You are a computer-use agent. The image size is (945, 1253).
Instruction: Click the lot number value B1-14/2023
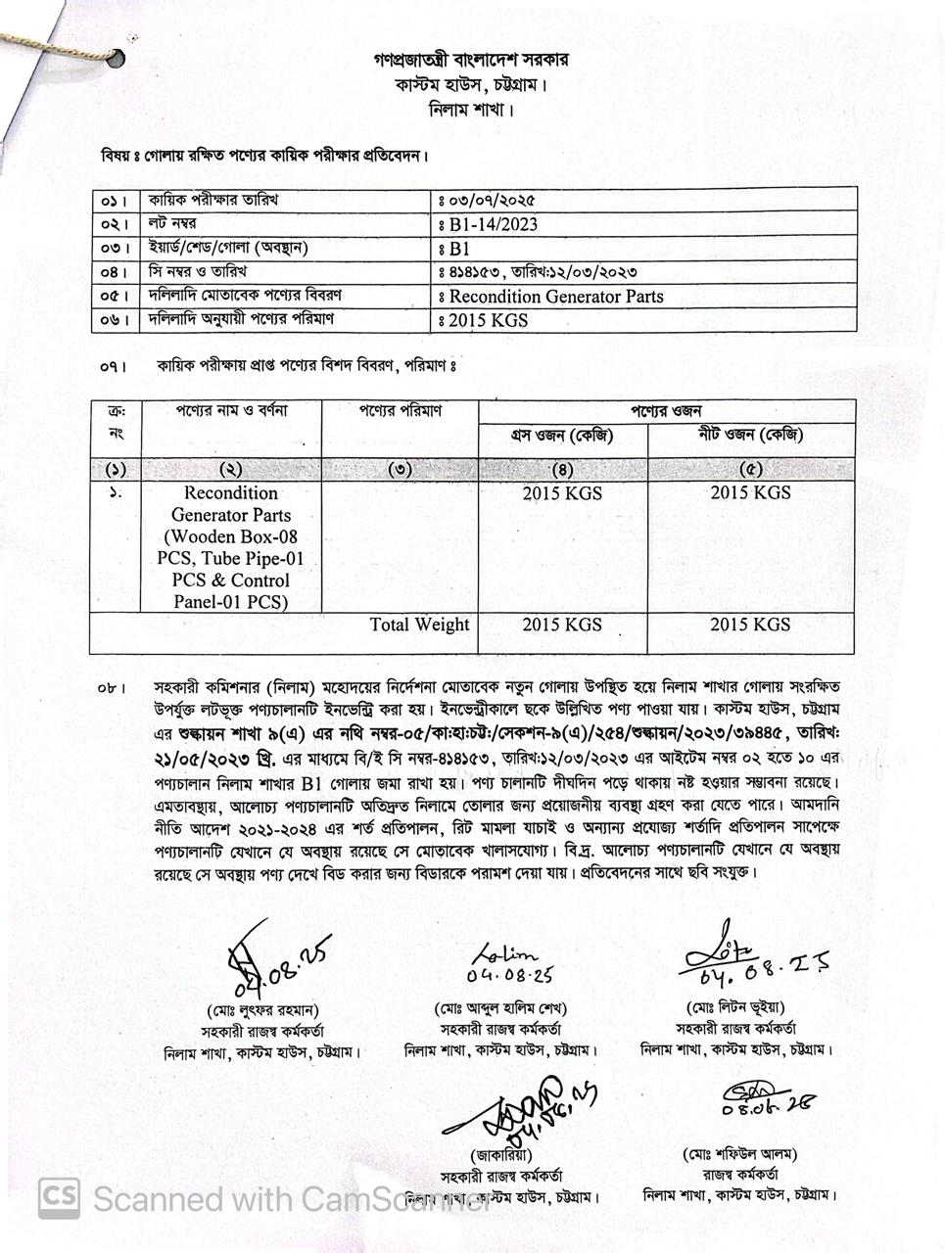click(494, 224)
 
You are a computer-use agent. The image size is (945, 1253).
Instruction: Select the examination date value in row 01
click(493, 201)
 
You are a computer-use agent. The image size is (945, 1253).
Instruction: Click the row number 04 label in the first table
click(114, 272)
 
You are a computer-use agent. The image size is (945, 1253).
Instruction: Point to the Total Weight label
click(419, 625)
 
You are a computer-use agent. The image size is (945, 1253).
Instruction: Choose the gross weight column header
click(562, 436)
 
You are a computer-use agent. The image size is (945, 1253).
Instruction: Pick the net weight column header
click(750, 436)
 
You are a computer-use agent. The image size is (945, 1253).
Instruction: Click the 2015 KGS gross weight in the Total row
click(562, 625)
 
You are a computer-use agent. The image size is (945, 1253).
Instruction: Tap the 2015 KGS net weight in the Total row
click(750, 625)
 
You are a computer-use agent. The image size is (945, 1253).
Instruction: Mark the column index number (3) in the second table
click(400, 469)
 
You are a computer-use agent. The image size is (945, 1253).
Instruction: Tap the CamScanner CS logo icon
click(59, 1196)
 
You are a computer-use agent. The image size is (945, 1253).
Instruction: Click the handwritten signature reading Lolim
click(505, 954)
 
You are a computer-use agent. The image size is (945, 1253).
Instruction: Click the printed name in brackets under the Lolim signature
click(500, 1008)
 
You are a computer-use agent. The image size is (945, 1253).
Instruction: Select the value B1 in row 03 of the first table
click(459, 249)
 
